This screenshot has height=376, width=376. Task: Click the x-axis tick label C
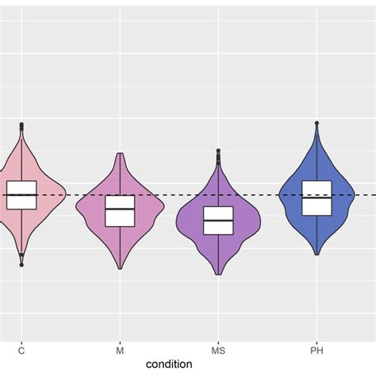point(21,350)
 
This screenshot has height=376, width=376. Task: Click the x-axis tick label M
point(120,350)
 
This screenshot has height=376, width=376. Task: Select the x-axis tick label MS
point(218,350)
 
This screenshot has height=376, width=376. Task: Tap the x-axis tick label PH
point(317,350)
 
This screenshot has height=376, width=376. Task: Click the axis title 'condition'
point(169,364)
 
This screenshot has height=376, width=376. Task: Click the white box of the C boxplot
point(21,194)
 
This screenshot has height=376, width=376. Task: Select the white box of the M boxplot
point(120,211)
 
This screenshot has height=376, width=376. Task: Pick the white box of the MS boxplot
point(218,221)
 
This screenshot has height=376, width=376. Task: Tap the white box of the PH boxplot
point(317,198)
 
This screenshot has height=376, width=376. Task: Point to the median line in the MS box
point(218,219)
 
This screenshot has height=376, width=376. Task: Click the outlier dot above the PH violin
point(317,124)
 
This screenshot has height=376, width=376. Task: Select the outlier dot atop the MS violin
point(218,152)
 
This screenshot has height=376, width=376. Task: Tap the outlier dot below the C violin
point(21,264)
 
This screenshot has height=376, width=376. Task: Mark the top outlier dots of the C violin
point(21,125)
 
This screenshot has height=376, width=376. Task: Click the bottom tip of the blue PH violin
point(317,255)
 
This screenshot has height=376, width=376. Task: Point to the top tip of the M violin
point(120,154)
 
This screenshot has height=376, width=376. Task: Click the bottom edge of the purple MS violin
point(218,274)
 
